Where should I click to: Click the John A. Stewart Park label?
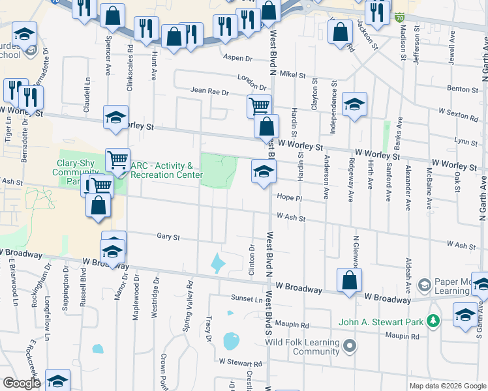click(x=380, y=321)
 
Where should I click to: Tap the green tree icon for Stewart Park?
click(x=432, y=321)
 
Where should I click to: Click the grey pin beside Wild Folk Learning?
click(x=350, y=345)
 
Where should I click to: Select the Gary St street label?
click(x=168, y=237)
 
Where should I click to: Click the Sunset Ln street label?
click(x=246, y=298)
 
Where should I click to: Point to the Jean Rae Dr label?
click(x=209, y=91)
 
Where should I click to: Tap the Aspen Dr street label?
click(x=237, y=58)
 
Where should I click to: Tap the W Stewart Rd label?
click(x=240, y=362)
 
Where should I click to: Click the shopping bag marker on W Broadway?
click(x=350, y=280)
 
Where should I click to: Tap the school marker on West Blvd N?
click(x=263, y=171)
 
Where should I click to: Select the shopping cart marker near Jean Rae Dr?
click(x=259, y=105)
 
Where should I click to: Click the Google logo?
click(x=22, y=383)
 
